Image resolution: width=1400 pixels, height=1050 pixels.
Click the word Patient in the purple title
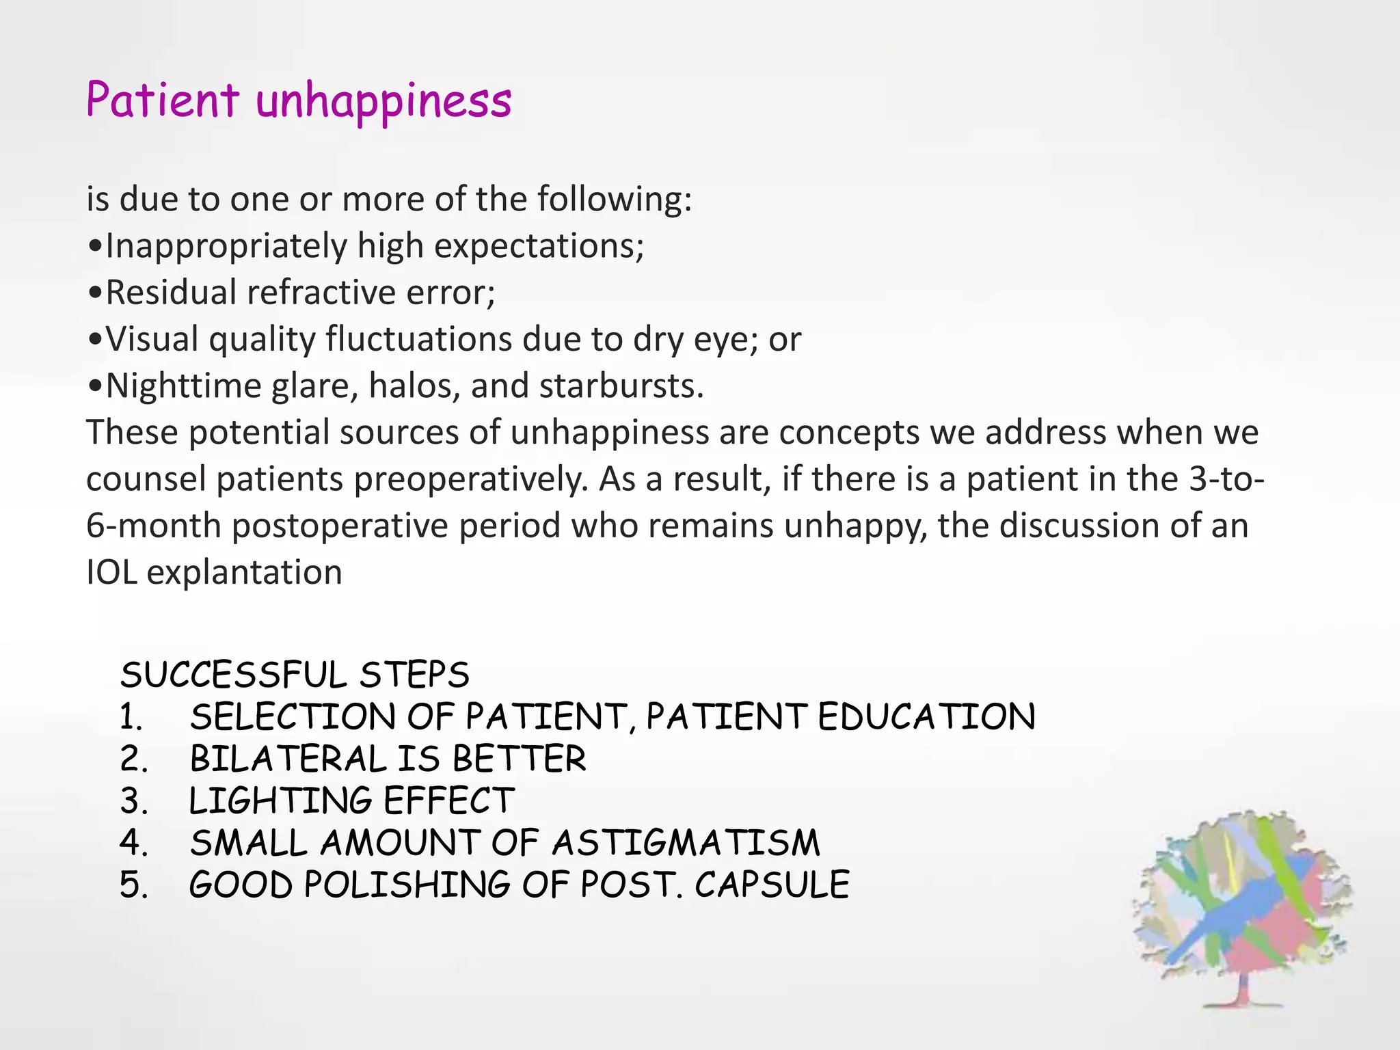pos(162,100)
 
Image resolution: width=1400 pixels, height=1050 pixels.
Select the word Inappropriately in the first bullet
pos(226,246)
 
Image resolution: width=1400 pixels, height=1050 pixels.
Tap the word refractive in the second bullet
pos(321,293)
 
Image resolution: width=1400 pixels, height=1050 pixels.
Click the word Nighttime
pos(183,386)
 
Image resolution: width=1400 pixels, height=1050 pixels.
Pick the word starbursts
pos(621,386)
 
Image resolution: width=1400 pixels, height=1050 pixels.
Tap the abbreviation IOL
pos(111,572)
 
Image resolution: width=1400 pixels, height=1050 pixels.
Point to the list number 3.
pos(133,801)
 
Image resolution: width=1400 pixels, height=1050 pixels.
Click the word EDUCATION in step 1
pos(926,717)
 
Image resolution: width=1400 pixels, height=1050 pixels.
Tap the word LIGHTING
pos(280,801)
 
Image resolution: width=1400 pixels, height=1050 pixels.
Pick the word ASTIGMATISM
pos(686,843)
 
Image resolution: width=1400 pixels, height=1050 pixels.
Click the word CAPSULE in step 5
pos(772,885)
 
